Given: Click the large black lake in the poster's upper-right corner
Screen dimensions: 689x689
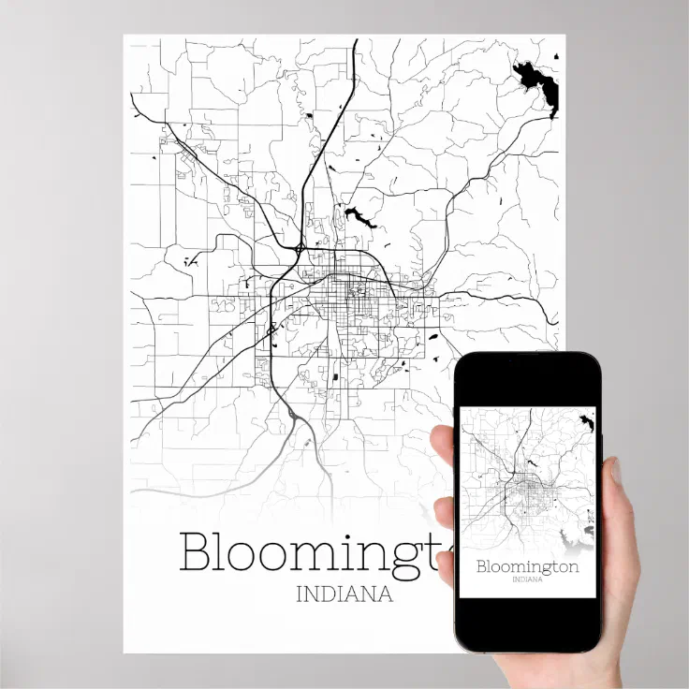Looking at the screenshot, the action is coord(539,86).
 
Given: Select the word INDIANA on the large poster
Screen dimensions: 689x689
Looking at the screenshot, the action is coord(344,594).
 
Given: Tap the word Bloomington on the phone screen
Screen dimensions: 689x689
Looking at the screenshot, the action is coord(527,566).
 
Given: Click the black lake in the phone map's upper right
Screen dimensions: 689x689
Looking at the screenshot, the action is coord(588,424).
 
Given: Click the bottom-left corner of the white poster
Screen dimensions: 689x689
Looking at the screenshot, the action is coord(125,651).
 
